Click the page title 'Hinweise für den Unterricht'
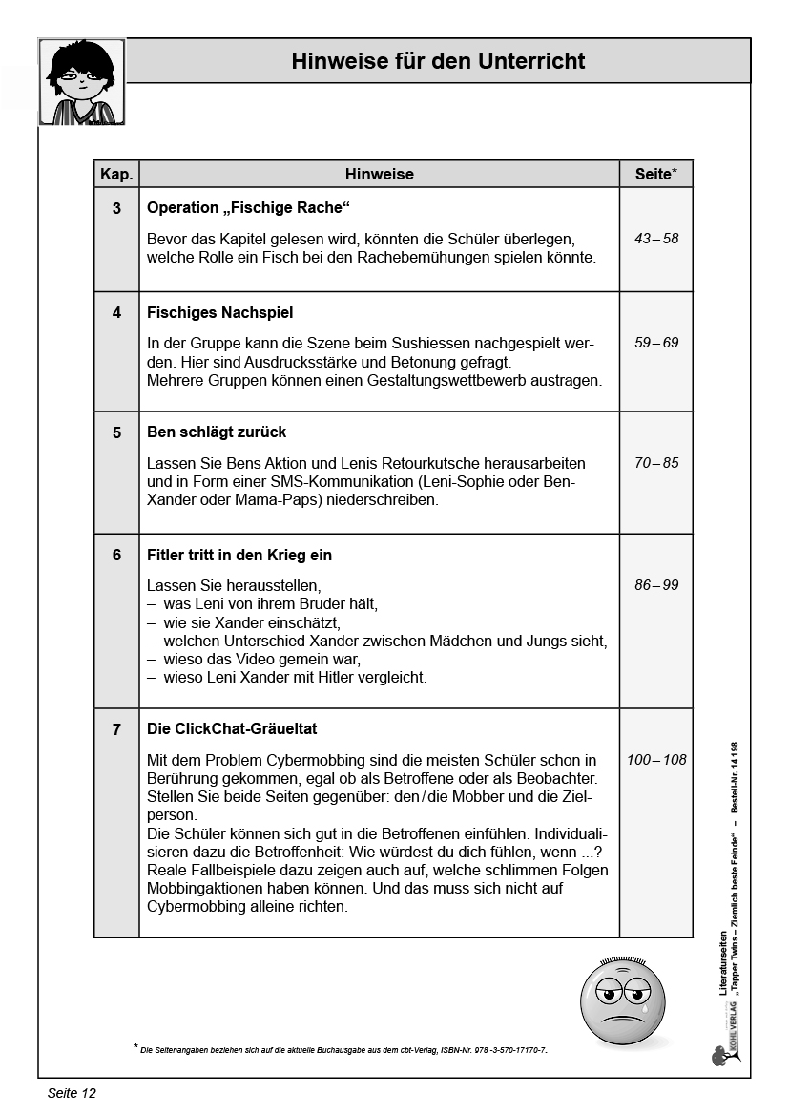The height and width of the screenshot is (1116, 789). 438,62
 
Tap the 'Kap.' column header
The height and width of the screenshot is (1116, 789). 116,174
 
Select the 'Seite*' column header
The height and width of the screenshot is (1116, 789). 655,174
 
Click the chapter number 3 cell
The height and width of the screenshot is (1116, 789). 116,208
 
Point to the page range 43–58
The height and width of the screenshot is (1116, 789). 656,239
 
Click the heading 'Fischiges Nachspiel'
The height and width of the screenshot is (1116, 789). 219,312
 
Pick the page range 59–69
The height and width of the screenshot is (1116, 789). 656,342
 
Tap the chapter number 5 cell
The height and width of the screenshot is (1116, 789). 116,432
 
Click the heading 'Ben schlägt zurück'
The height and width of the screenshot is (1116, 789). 217,432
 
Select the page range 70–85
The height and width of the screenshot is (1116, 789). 656,463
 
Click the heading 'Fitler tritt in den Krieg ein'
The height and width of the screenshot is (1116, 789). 239,555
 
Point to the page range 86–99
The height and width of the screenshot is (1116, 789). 656,585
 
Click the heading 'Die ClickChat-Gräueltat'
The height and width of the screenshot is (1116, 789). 232,728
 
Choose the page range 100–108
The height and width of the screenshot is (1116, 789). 656,760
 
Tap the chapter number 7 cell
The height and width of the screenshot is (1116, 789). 116,729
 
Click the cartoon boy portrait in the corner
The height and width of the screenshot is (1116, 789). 82,82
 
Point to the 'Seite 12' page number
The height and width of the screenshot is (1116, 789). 72,1093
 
